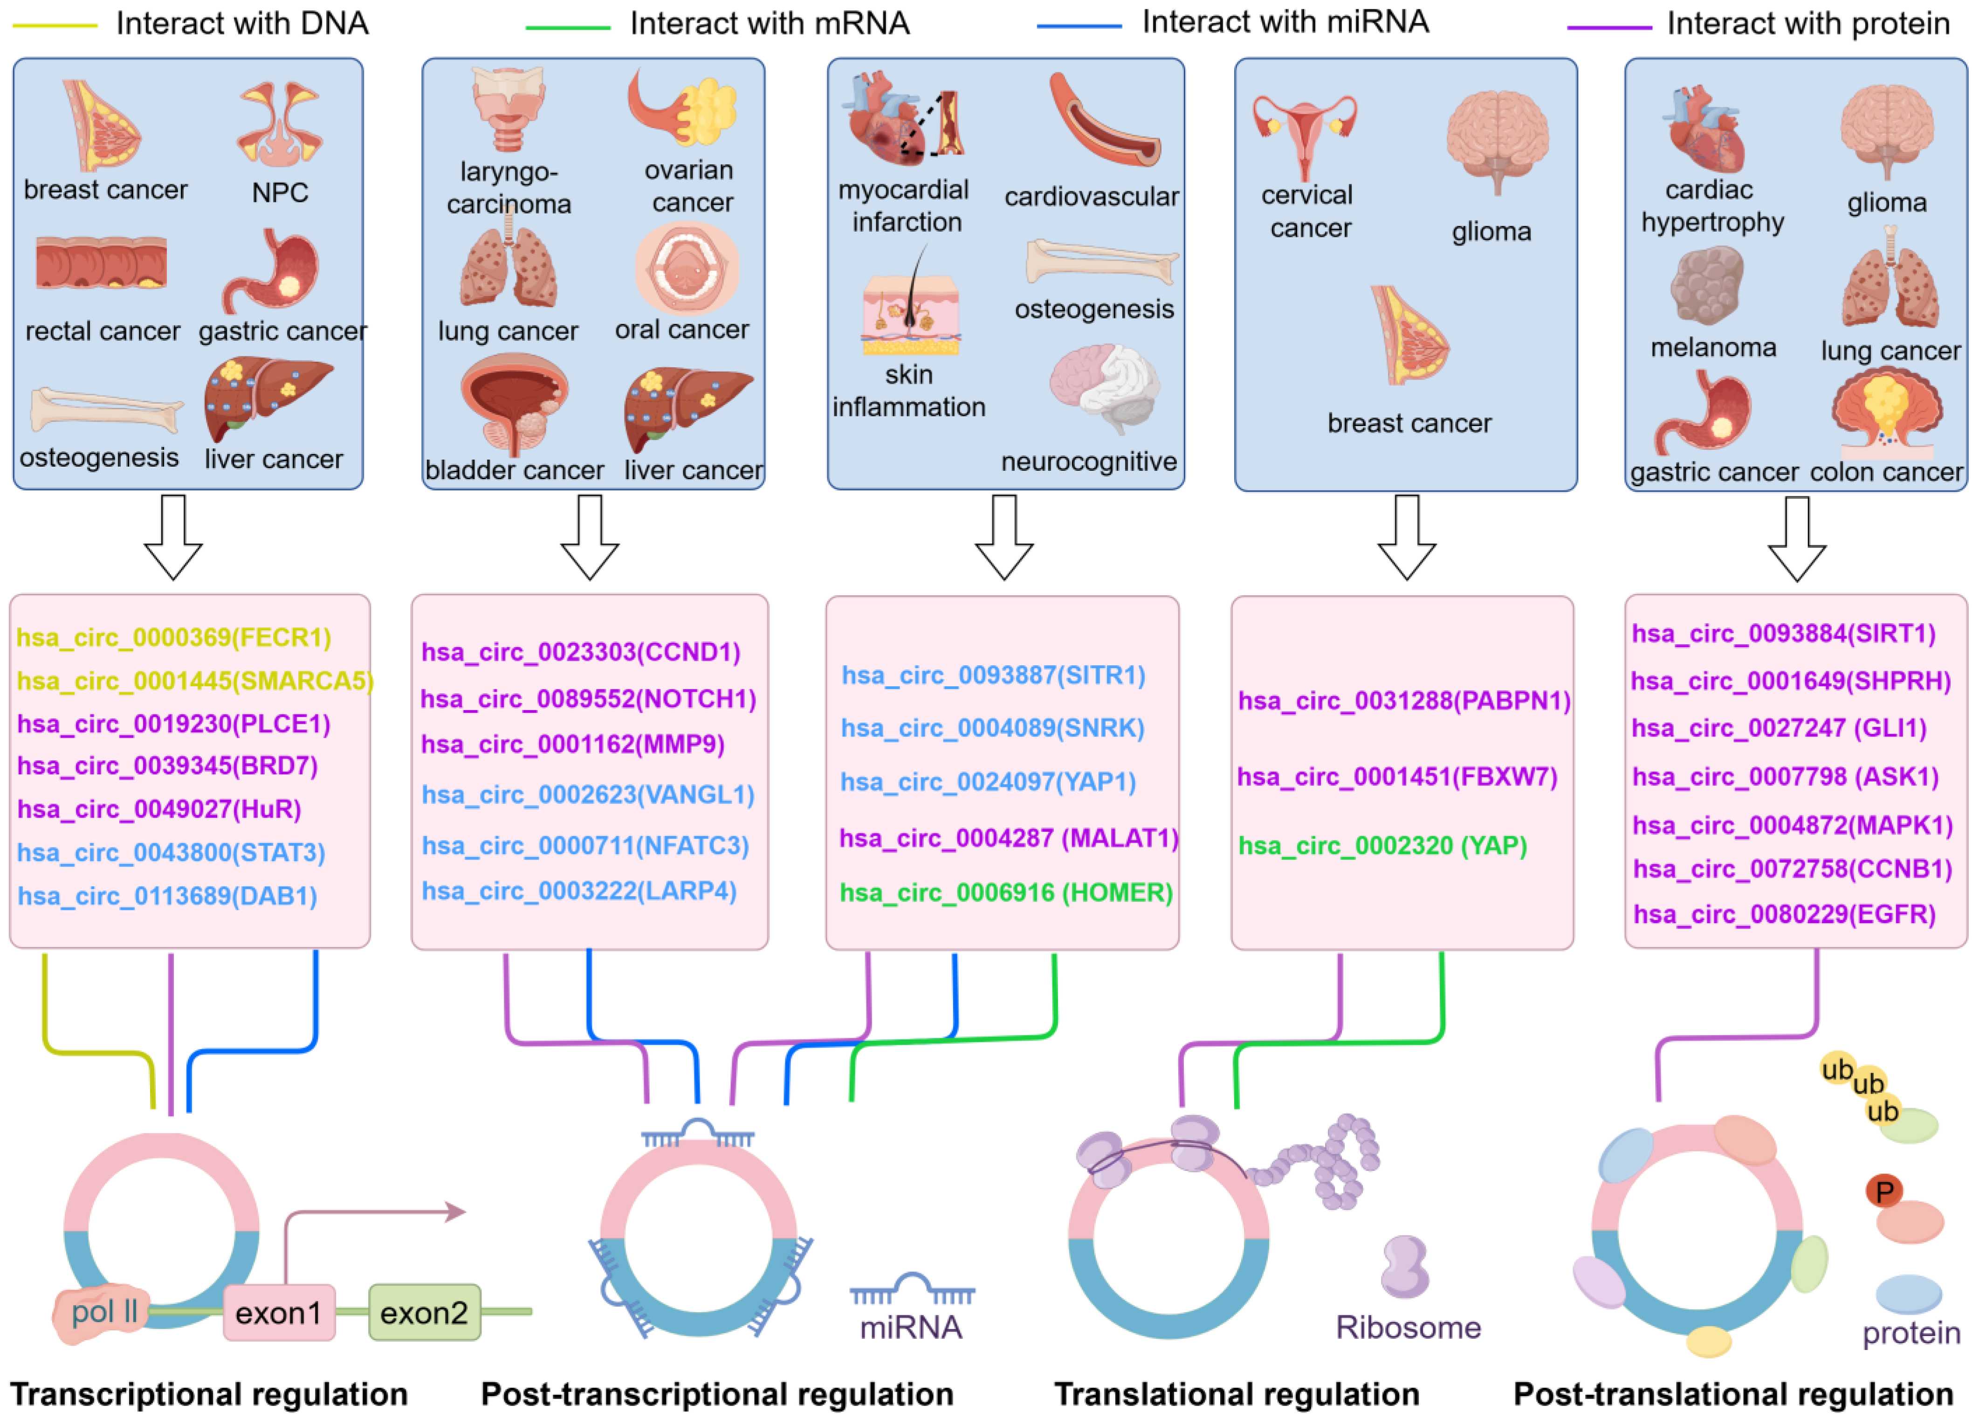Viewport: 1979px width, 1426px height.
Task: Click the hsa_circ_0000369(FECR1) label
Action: (174, 637)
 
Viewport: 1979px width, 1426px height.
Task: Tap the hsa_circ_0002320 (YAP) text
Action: (1382, 846)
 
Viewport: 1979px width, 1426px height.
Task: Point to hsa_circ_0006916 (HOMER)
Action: (1005, 893)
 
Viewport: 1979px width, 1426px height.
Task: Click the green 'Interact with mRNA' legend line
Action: (567, 28)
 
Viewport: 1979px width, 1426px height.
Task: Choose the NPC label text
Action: (280, 192)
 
